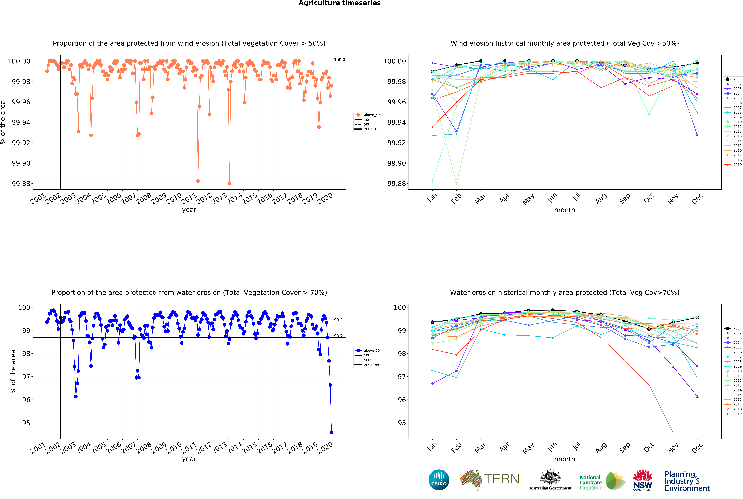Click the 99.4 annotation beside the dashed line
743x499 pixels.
point(338,320)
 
